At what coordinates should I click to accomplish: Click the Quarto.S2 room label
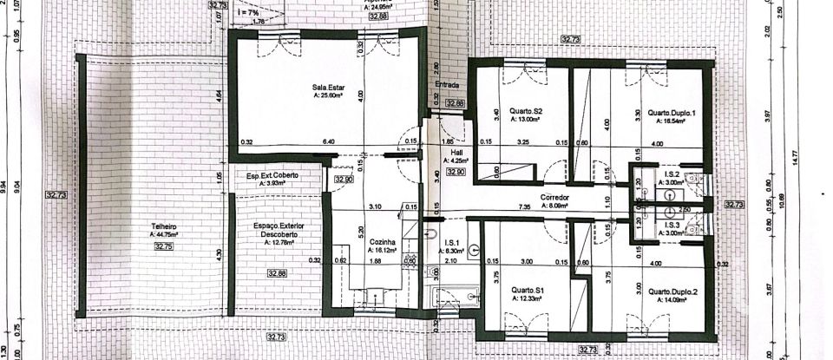point(526,111)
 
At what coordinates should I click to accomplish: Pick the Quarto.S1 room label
point(527,290)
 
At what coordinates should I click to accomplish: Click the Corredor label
point(552,198)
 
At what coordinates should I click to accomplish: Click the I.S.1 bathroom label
point(450,242)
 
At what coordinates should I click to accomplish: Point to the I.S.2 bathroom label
point(671,173)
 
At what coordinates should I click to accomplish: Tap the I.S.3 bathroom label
point(671,225)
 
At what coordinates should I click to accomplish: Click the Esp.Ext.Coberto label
point(272,175)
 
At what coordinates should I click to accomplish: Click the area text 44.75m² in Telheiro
point(163,234)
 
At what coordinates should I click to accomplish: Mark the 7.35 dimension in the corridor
point(548,207)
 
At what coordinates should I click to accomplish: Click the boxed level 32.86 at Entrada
point(455,103)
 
